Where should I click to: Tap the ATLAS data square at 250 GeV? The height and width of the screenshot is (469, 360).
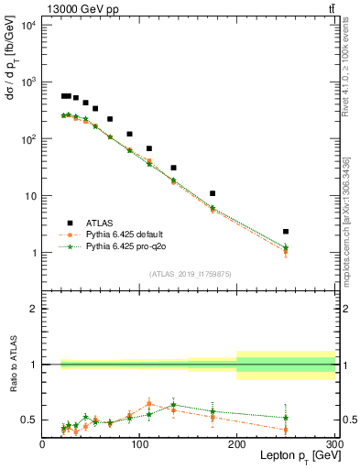[286, 232]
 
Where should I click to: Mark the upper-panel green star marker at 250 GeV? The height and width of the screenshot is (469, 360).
[286, 247]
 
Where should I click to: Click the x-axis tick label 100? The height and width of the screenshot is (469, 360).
[139, 444]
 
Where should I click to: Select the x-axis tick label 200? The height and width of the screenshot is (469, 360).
[237, 444]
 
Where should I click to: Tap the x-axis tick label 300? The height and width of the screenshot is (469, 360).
[333, 444]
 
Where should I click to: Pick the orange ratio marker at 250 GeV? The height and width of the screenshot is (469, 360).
[286, 430]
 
